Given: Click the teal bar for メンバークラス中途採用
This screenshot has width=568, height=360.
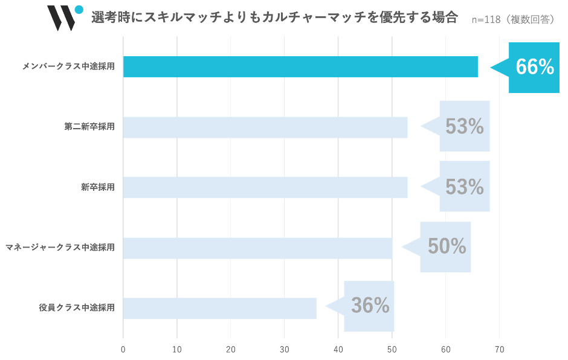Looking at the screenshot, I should pyautogui.click(x=300, y=66).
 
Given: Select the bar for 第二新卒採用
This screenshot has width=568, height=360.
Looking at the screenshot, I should pyautogui.click(x=265, y=127).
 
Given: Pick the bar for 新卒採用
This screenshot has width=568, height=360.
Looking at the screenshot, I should pyautogui.click(x=265, y=187).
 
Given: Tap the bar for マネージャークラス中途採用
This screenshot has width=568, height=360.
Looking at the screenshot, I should pyautogui.click(x=257, y=248).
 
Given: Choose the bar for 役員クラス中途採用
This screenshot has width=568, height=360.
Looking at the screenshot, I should pyautogui.click(x=220, y=308).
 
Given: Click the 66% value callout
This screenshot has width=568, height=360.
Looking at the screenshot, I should pyautogui.click(x=534, y=68).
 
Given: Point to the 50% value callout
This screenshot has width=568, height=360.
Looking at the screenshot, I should pyautogui.click(x=447, y=246).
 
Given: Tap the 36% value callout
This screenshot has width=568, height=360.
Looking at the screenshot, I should pyautogui.click(x=370, y=306).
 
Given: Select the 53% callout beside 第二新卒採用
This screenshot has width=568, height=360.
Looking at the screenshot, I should pyautogui.click(x=464, y=126).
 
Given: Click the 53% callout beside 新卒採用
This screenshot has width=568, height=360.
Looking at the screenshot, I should pyautogui.click(x=464, y=187).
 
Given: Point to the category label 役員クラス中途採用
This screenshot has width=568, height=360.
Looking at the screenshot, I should pyautogui.click(x=77, y=308).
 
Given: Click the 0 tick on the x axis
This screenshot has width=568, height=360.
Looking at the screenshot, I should pyautogui.click(x=123, y=349).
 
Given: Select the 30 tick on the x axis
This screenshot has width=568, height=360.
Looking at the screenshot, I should pyautogui.click(x=285, y=349).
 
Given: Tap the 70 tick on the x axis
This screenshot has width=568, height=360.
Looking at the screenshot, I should pyautogui.click(x=500, y=349).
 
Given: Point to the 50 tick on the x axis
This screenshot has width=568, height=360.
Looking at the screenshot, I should pyautogui.click(x=392, y=349).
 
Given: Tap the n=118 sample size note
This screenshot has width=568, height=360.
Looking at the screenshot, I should pyautogui.click(x=514, y=19).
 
